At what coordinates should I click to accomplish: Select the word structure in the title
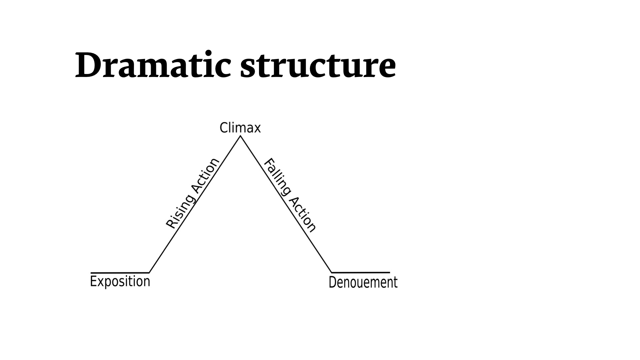pos(318,66)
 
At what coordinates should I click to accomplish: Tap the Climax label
pos(240,128)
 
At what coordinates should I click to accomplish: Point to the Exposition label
pos(120,282)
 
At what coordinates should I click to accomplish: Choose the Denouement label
pos(363,282)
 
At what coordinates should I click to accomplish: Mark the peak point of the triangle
pos(240,136)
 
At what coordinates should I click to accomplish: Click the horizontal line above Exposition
pos(120,273)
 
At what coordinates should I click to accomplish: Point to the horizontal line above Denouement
pos(361,273)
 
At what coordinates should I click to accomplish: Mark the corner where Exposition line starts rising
pos(149,273)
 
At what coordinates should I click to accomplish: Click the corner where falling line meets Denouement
pos(332,273)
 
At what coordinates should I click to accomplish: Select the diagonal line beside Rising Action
pos(195,204)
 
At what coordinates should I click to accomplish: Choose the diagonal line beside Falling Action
pos(286,204)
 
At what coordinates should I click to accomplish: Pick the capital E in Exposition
pos(94,281)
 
